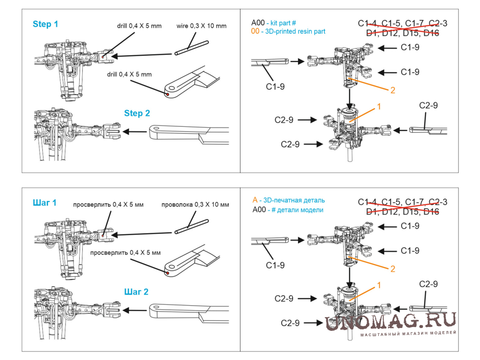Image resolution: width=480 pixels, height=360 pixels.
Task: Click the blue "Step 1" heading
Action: click(x=45, y=24)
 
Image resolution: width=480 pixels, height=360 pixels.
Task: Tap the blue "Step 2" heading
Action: click(x=137, y=113)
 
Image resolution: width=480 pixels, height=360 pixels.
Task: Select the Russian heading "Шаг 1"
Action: click(x=45, y=203)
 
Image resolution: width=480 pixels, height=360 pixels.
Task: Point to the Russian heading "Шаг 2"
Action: click(x=136, y=292)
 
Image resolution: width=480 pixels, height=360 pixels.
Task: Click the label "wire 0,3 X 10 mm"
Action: click(x=201, y=26)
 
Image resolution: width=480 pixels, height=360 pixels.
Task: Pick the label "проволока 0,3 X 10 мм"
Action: click(x=195, y=205)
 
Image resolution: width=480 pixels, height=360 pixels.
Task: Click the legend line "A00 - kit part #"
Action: click(x=273, y=23)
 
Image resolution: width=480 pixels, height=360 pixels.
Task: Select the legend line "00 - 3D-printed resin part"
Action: click(x=288, y=31)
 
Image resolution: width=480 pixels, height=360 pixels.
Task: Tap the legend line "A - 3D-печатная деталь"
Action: click(x=288, y=200)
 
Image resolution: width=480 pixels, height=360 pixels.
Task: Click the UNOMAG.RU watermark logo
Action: click(x=391, y=321)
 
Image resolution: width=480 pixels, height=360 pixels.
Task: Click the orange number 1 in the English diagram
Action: click(x=379, y=108)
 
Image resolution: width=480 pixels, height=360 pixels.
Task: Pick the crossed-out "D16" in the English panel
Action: click(x=432, y=33)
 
